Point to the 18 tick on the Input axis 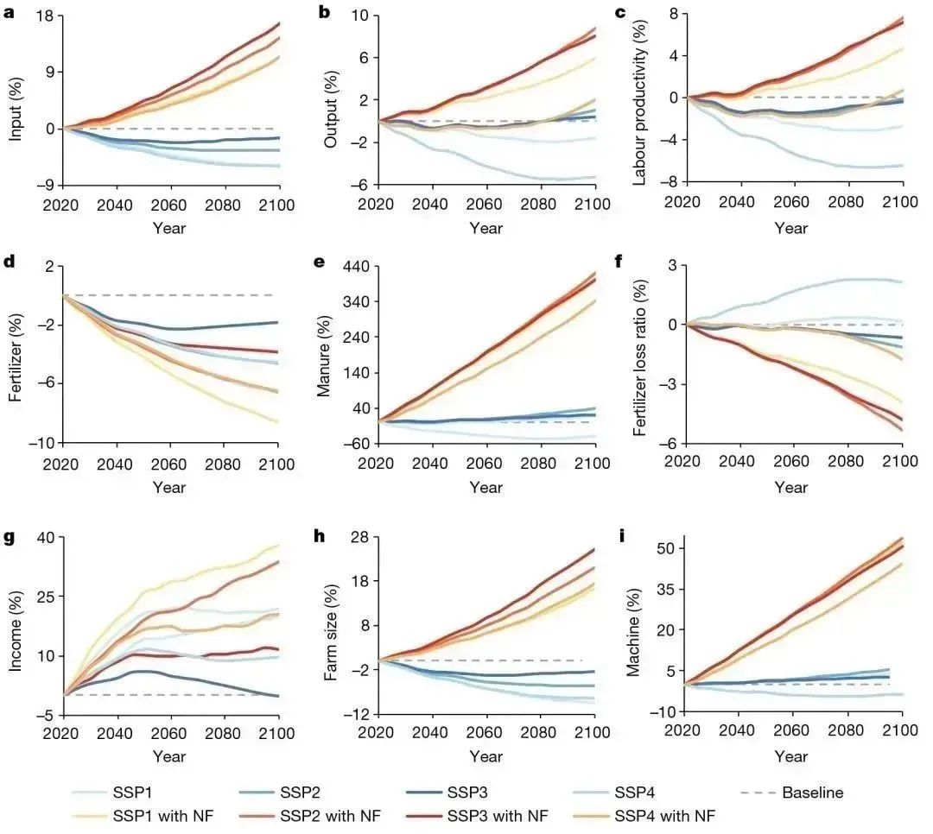pyautogui.click(x=45, y=16)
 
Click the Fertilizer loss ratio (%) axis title pyautogui.click(x=640, y=356)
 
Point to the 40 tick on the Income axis pyautogui.click(x=42, y=538)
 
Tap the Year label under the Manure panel pyautogui.click(x=486, y=488)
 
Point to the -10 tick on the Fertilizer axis pyautogui.click(x=41, y=443)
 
